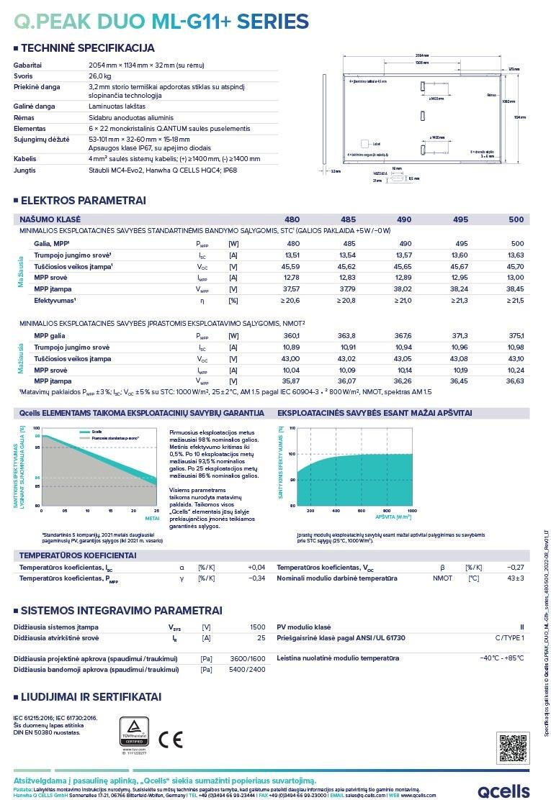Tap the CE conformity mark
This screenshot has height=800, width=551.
tap(171, 739)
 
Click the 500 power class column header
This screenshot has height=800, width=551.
tap(516, 219)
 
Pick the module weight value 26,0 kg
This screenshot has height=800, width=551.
tap(99, 76)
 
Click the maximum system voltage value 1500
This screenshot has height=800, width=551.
tap(257, 627)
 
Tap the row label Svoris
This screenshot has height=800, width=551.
tap(23, 76)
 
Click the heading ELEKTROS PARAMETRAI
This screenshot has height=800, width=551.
tap(83, 200)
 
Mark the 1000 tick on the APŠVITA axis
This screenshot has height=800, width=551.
tap(412, 510)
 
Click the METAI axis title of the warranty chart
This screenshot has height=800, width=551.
tap(152, 517)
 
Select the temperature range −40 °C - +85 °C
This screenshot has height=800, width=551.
tap(502, 658)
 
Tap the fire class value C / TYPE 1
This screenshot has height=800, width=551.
tap(509, 638)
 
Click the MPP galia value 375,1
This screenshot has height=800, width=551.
tap(516, 335)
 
